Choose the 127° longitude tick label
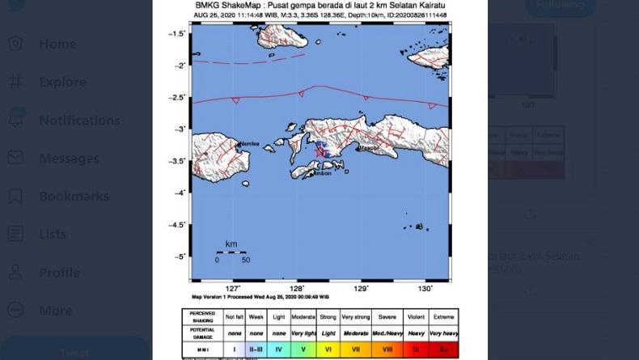click(233, 288)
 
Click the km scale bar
click(231, 252)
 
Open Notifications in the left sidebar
click(79, 120)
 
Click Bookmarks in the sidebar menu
click(74, 196)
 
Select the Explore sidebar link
click(62, 82)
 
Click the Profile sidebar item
click(59, 272)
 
